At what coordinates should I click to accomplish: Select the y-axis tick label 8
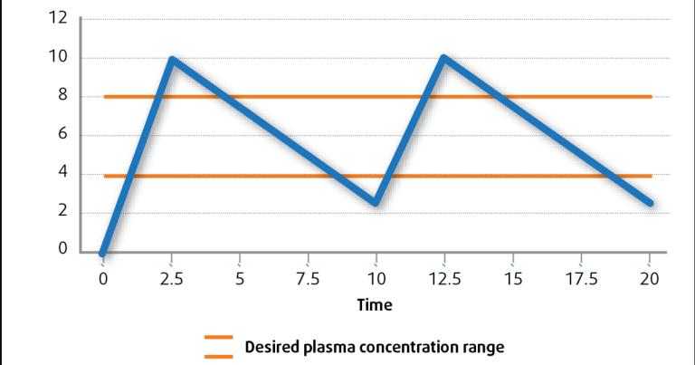62,96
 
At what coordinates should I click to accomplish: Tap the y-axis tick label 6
62,135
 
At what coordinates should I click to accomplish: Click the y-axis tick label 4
62,174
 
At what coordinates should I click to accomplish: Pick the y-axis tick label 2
62,213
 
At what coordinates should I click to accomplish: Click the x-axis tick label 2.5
171,279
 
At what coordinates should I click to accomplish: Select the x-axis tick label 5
240,279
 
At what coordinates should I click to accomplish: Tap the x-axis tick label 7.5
308,279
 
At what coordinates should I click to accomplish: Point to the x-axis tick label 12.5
445,279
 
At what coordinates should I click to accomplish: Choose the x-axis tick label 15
513,279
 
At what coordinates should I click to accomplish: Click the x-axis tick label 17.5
582,279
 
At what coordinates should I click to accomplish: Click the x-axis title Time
375,305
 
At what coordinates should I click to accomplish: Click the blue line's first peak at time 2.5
171,60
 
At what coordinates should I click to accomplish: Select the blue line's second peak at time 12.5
444,59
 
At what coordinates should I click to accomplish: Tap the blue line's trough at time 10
376,203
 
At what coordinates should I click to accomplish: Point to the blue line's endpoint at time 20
650,203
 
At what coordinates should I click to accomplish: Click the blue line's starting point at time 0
103,252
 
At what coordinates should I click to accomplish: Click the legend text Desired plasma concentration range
374,346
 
